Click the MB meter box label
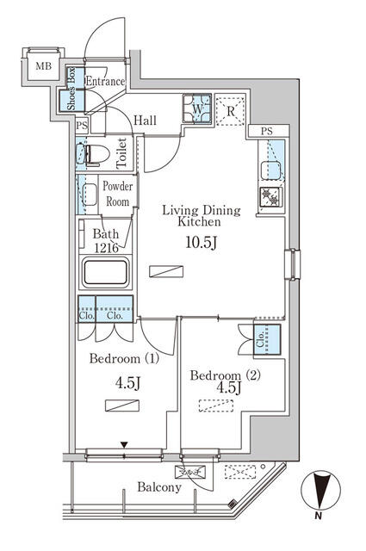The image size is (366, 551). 42,65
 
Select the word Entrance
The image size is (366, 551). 105,82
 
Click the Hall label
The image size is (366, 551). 146,121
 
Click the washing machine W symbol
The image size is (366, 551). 196,110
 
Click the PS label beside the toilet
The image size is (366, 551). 82,126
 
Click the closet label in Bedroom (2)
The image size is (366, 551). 259,341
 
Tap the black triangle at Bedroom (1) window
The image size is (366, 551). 126,445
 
